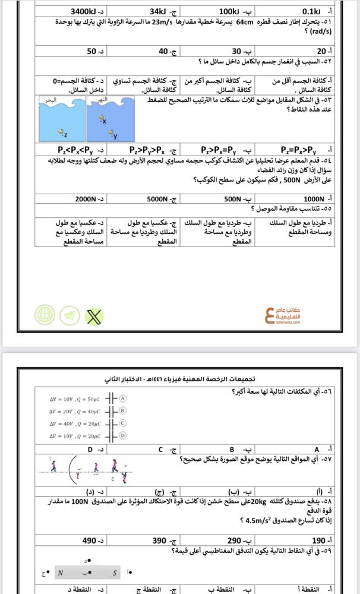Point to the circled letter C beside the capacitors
[123, 422]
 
